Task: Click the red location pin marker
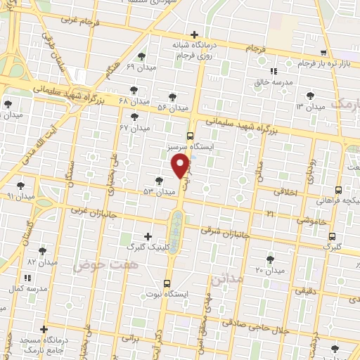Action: coord(180,166)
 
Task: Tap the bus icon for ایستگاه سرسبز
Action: coord(190,136)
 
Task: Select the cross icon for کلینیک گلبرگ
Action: coord(147,236)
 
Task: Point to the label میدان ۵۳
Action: coord(159,191)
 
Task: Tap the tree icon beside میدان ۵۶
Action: coord(172,97)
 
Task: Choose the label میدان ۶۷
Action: coord(135,128)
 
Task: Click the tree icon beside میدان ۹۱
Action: coord(22,184)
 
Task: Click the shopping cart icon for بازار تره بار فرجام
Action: coord(323,53)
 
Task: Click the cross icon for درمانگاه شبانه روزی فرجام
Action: coord(194,33)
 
